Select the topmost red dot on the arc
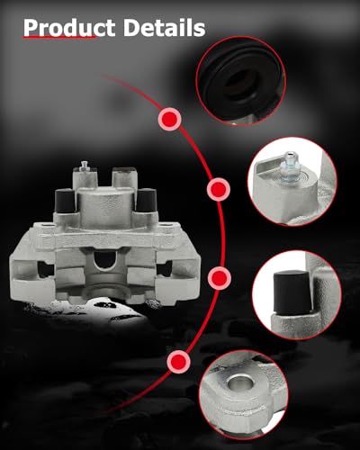(x=168, y=118)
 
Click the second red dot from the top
(x=218, y=190)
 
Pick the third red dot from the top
(x=217, y=276)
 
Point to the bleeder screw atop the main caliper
(x=83, y=167)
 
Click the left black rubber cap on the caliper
(x=65, y=203)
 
